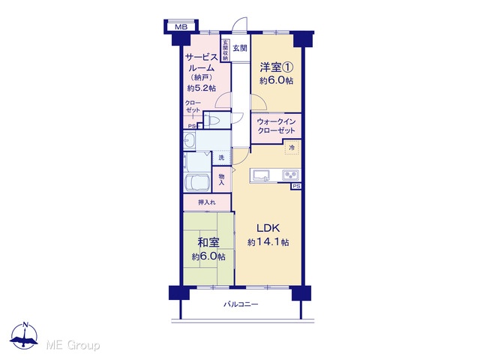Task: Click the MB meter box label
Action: pos(181,27)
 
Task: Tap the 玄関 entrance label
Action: pos(240,48)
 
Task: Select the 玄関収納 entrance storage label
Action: pos(226,49)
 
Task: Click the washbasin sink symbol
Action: pos(188,141)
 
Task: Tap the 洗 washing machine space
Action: pos(221,157)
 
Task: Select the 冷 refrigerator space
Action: pos(292,148)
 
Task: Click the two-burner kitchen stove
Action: pos(291,175)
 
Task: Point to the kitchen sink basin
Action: pos(260,175)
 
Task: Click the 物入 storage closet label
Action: pos(222,179)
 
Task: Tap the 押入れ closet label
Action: pos(207,202)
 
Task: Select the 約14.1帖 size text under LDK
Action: pos(268,242)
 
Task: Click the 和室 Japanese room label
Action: pos(208,242)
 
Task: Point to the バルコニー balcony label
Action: pos(241,304)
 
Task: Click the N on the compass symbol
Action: pos(25,325)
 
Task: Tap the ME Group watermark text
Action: pos(73,345)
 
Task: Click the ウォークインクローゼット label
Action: pos(276,126)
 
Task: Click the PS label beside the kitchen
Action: pos(296,186)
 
